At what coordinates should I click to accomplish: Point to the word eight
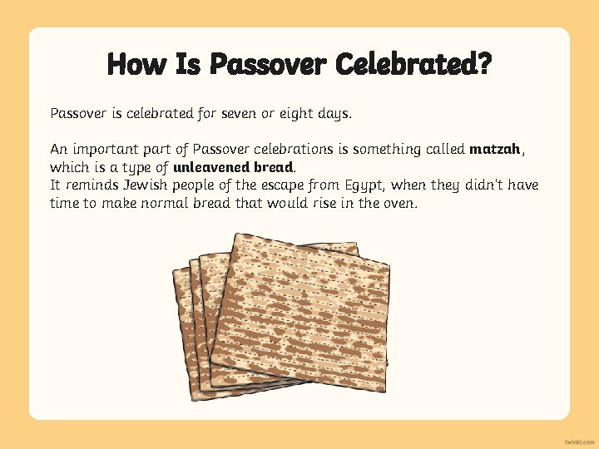308,112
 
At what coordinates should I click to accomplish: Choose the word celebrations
286,150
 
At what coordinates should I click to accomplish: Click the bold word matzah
495,150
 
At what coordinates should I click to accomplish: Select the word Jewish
150,185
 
